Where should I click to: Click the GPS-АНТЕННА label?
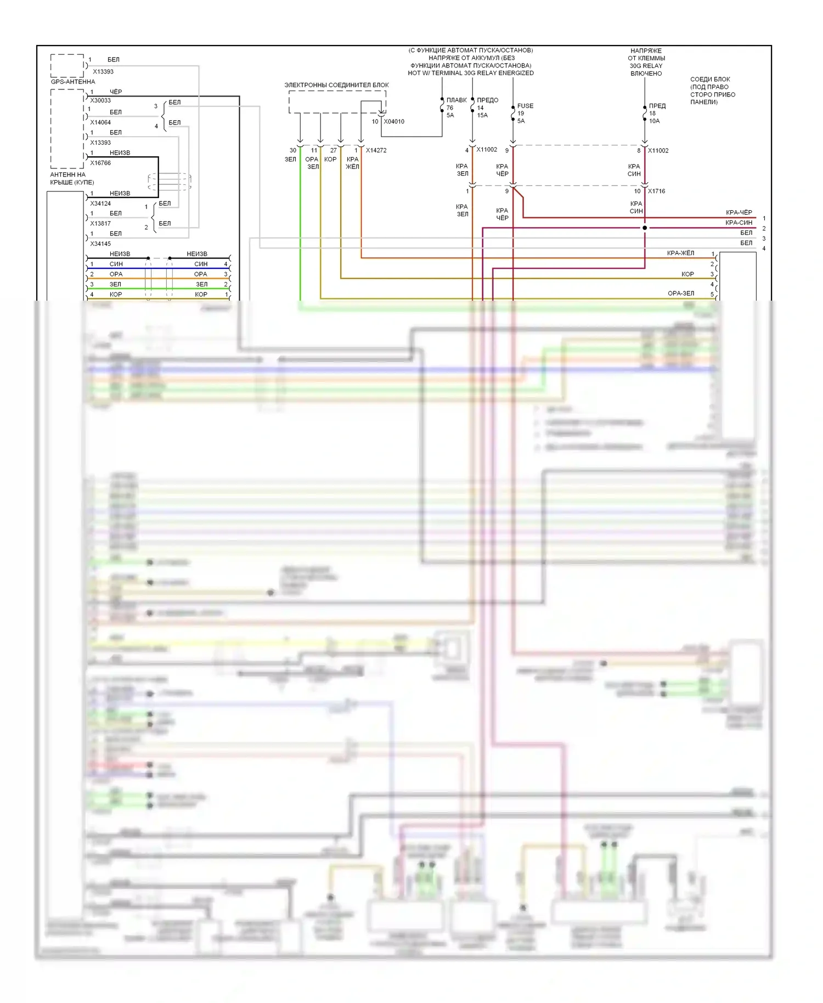(73, 82)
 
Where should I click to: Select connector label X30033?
(100, 100)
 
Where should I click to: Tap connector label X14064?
(100, 122)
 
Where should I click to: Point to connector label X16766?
(100, 163)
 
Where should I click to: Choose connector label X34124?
(100, 204)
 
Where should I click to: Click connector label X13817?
(100, 223)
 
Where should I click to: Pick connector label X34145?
(100, 244)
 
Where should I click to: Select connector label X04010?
(394, 122)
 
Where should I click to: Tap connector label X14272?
(376, 150)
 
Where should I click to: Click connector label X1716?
(656, 191)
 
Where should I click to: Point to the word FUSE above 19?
(525, 106)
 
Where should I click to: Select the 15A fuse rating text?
(482, 115)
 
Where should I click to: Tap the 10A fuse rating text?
(654, 121)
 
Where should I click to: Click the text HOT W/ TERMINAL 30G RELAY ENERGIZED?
(471, 73)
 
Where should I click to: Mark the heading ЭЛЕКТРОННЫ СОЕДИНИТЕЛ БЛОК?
(336, 85)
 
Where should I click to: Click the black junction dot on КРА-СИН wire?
(645, 228)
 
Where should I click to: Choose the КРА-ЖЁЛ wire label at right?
(680, 253)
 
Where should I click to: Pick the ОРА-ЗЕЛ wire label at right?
(681, 294)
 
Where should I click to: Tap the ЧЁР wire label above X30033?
(116, 92)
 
